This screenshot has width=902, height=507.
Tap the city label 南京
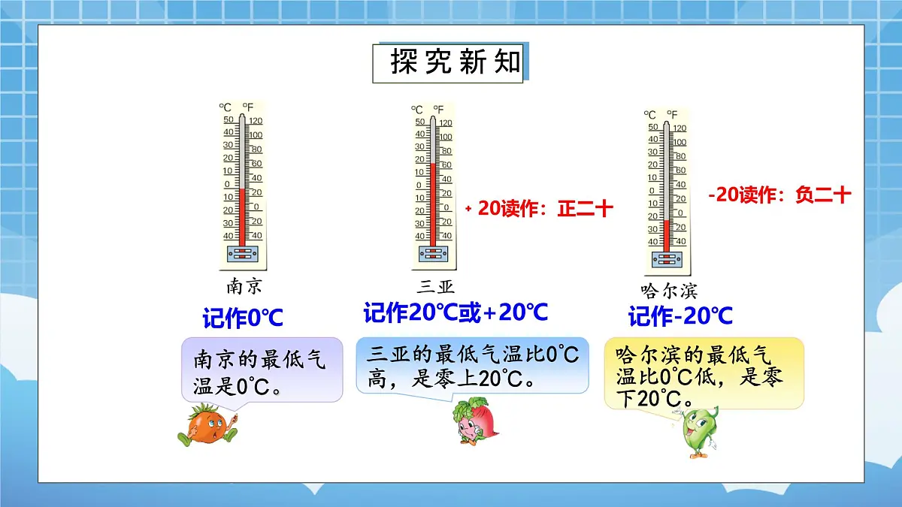[x=244, y=286]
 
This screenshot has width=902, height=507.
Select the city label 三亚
[x=436, y=286]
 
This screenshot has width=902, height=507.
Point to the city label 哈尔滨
[x=669, y=291]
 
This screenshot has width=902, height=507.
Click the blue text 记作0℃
[x=243, y=318]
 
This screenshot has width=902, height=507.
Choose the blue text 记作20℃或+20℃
[x=456, y=312]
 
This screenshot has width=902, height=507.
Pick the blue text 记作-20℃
[x=680, y=317]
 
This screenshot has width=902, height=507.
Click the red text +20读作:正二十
[x=540, y=210]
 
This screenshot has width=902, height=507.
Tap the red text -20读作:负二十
[x=779, y=195]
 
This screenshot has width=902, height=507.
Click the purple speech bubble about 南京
[x=262, y=370]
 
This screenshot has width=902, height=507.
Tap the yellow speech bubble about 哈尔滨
[x=704, y=373]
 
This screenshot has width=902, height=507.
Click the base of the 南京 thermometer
[x=242, y=254]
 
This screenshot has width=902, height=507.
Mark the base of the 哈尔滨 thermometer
[x=667, y=259]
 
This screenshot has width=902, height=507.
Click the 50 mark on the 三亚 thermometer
[x=419, y=122]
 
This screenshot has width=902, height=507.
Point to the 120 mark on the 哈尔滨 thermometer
[x=679, y=128]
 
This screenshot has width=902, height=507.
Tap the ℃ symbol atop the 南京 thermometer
[x=225, y=107]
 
